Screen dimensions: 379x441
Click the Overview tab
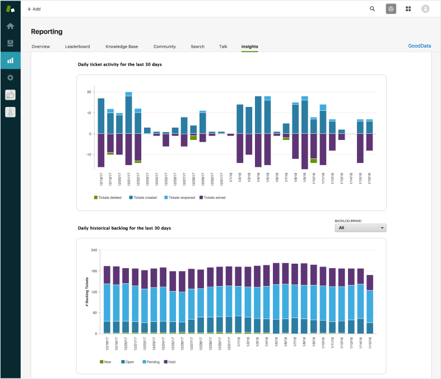(x=40, y=46)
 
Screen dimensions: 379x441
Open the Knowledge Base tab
(x=122, y=46)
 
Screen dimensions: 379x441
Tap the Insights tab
(x=249, y=46)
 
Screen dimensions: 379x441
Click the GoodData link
(x=419, y=46)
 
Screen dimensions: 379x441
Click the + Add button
(x=34, y=9)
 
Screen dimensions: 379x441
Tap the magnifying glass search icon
(x=373, y=9)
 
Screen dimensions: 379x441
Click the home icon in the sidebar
(x=10, y=26)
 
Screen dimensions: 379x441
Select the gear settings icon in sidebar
(x=10, y=77)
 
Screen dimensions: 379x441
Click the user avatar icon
(x=425, y=9)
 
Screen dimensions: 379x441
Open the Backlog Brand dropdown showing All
(x=360, y=228)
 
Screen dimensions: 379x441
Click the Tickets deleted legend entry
(x=109, y=198)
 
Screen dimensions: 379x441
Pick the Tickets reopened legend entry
(x=179, y=198)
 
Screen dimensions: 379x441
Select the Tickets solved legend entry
(x=213, y=198)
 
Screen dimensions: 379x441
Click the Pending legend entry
(x=151, y=362)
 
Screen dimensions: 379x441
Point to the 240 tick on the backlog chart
(x=94, y=250)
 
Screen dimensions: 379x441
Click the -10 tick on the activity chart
(x=88, y=155)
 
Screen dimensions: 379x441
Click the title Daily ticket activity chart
(x=119, y=64)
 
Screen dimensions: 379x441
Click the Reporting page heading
(x=47, y=32)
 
